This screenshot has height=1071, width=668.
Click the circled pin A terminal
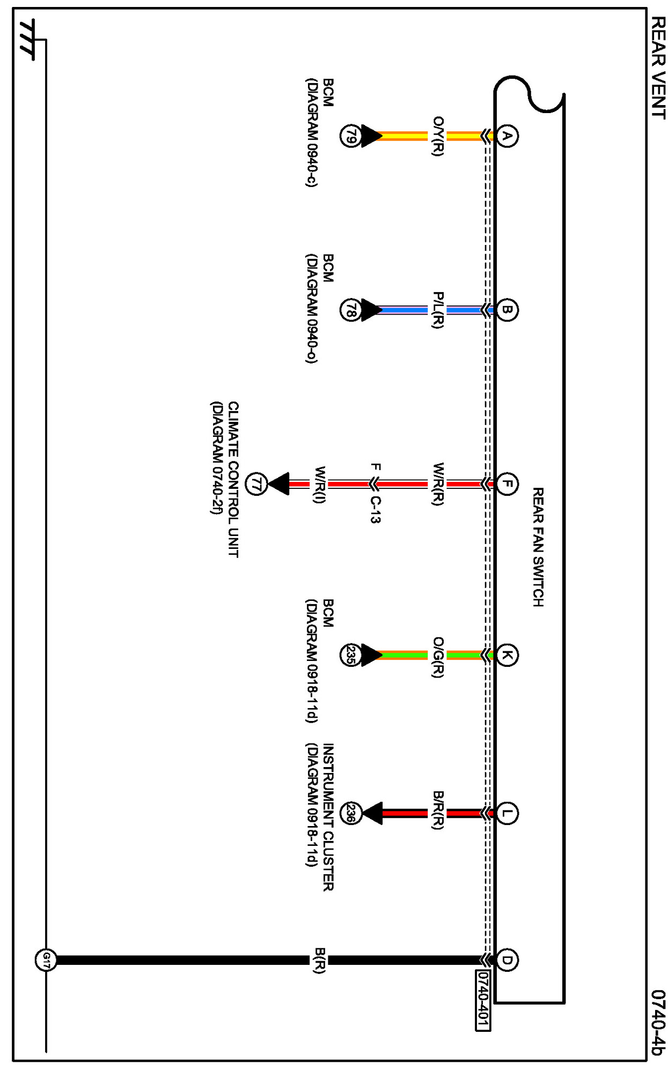pyautogui.click(x=506, y=136)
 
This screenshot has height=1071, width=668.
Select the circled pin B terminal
pyautogui.click(x=506, y=310)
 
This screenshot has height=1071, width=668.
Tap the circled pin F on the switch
pyautogui.click(x=506, y=484)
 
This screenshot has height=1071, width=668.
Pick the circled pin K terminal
pyautogui.click(x=506, y=655)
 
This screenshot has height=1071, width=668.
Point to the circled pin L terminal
pyautogui.click(x=506, y=813)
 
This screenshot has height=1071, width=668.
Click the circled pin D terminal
pyautogui.click(x=506, y=960)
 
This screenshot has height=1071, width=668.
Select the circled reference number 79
pyautogui.click(x=350, y=136)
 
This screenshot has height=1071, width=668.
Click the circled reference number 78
pyautogui.click(x=350, y=310)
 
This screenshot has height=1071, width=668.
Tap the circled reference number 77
pyautogui.click(x=256, y=484)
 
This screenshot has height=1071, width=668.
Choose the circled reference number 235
pyautogui.click(x=350, y=655)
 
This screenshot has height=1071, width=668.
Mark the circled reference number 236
pyautogui.click(x=350, y=813)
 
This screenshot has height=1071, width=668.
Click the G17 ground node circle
pyautogui.click(x=46, y=960)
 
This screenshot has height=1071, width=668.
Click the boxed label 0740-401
pyautogui.click(x=483, y=1000)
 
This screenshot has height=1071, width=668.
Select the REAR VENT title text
pyautogui.click(x=658, y=68)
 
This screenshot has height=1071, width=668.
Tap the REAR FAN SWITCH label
pyautogui.click(x=538, y=547)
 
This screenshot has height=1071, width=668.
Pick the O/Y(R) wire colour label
pyautogui.click(x=438, y=136)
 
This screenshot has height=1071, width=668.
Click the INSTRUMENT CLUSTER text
pyautogui.click(x=328, y=817)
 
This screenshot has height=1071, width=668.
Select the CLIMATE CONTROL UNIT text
pyautogui.click(x=233, y=480)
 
